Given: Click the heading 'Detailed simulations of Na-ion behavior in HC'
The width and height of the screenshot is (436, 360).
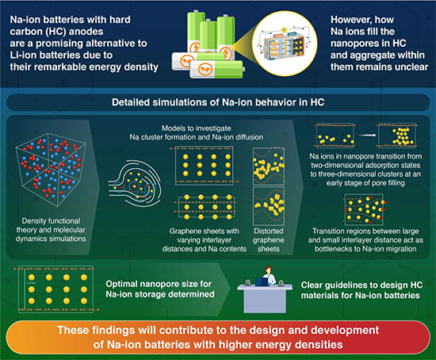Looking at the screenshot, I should click(217, 105).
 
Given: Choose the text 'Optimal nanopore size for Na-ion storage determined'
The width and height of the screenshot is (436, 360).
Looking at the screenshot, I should click(151, 289).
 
